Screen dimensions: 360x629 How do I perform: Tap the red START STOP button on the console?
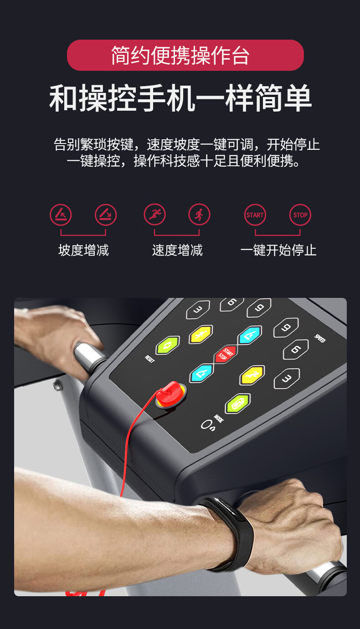click(226, 354)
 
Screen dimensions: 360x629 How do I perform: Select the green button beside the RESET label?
click(168, 345)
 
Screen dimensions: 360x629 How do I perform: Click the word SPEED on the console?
click(320, 338)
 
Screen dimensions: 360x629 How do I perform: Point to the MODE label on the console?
click(219, 419)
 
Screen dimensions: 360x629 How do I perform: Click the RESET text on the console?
click(149, 359)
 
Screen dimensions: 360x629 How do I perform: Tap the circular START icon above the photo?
click(255, 215)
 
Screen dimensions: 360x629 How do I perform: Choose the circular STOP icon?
click(300, 215)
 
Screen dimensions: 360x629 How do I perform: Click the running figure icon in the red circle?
click(154, 215)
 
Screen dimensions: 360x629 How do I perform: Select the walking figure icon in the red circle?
click(199, 215)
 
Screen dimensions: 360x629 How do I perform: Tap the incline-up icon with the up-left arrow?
click(61, 215)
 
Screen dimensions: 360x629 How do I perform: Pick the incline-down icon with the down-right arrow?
click(106, 215)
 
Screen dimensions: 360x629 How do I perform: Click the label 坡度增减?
click(83, 250)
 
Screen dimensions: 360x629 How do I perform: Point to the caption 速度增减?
click(177, 250)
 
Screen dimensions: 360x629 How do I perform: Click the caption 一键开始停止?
click(278, 250)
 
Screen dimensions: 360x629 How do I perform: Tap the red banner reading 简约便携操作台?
click(185, 55)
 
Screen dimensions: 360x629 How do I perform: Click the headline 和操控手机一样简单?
click(180, 97)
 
